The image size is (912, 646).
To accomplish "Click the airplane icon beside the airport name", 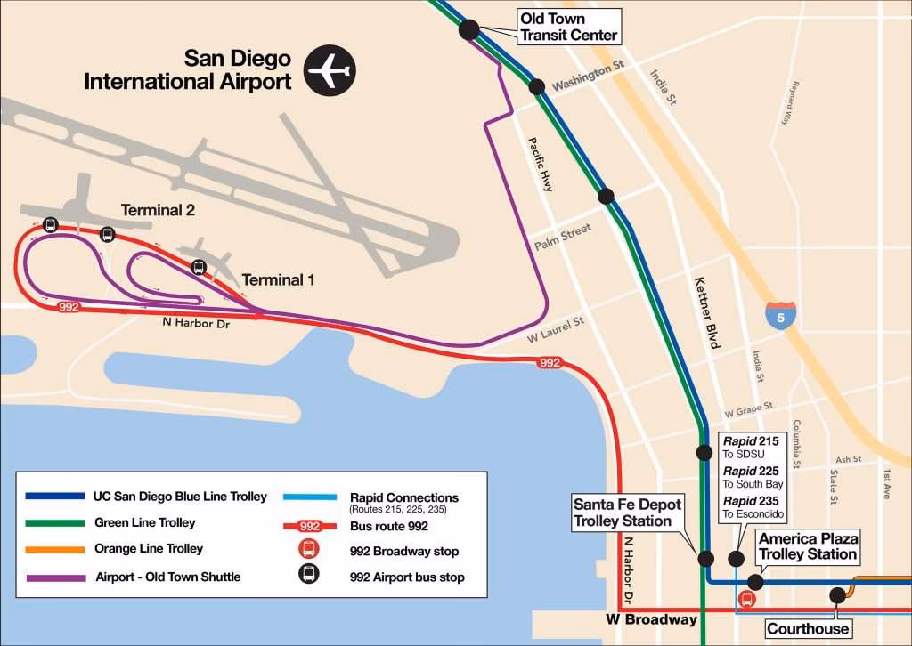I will point(330,70).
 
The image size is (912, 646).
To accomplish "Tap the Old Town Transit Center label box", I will point(569,27).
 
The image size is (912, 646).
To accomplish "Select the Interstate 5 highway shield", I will point(780,315).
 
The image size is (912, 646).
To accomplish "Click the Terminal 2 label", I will point(158,211).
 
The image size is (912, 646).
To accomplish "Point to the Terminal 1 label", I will point(279,279).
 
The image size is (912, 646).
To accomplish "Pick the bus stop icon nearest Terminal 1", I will point(199,266).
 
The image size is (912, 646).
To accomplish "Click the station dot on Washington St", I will point(536,86).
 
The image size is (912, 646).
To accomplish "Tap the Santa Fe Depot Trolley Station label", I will point(627,513).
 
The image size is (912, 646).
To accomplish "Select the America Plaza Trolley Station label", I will point(808,546).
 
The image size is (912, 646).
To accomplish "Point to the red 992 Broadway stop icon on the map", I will point(746,599).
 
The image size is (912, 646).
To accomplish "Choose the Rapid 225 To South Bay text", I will point(752,477).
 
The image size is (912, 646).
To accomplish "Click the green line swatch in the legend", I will point(55,523).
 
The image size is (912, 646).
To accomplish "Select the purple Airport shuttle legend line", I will point(55,577).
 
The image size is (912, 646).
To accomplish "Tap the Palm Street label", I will point(562,237).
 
